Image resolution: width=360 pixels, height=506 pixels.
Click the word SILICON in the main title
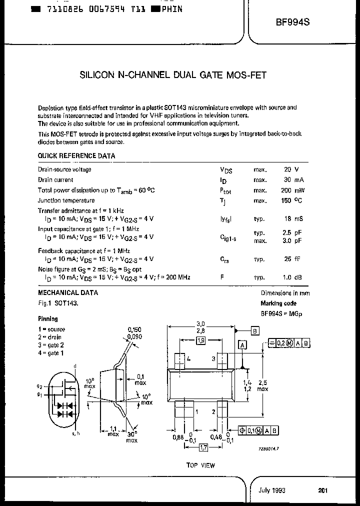coord(97,75)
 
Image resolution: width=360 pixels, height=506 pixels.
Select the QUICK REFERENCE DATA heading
coord(76,156)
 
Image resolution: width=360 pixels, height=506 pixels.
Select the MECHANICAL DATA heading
coord(68,293)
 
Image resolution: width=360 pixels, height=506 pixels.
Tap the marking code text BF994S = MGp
coord(281,313)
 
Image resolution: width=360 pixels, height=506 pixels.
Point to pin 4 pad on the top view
coord(180,359)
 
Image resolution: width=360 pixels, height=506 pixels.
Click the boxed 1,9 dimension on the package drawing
coord(200,340)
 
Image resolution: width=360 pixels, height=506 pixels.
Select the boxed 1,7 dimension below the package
coord(203,447)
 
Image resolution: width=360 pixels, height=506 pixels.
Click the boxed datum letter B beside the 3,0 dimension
coord(254,331)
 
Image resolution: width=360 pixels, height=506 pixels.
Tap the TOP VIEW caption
coord(200,465)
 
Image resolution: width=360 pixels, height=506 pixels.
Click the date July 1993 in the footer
coord(272,490)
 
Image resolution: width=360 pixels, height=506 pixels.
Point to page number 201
coord(323,490)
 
